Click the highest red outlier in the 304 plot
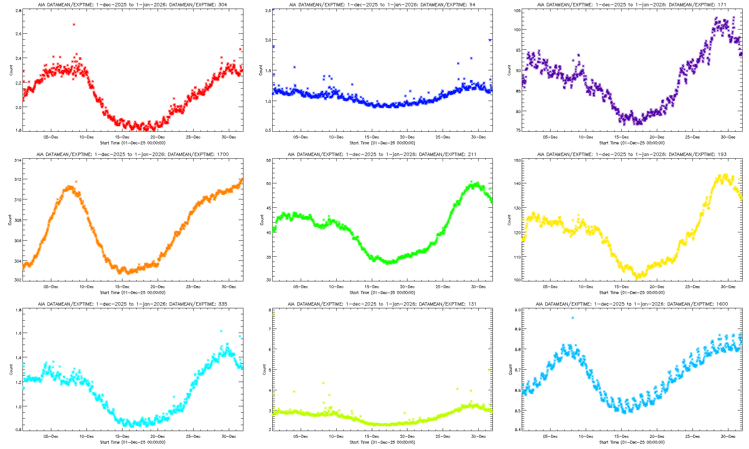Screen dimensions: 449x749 tap(74, 25)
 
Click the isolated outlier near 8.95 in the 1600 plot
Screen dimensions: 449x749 tap(573, 318)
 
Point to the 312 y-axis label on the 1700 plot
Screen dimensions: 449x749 tap(18, 179)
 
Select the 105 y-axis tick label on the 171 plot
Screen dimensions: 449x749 tap(517, 11)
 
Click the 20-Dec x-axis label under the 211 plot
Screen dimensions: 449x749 tap(407, 287)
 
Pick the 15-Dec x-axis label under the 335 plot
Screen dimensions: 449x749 tap(122, 436)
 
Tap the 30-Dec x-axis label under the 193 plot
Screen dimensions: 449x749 tap(728, 287)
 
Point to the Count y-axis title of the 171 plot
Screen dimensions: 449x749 tap(509, 70)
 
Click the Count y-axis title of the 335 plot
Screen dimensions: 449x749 tap(11, 370)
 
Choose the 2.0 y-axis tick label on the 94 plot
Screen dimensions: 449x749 tap(268, 40)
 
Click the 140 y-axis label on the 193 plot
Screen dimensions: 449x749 tap(517, 183)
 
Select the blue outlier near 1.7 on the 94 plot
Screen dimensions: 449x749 tap(471, 58)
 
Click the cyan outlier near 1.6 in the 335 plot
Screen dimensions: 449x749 tap(221, 331)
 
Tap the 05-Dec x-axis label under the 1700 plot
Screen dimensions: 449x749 tap(51, 287)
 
